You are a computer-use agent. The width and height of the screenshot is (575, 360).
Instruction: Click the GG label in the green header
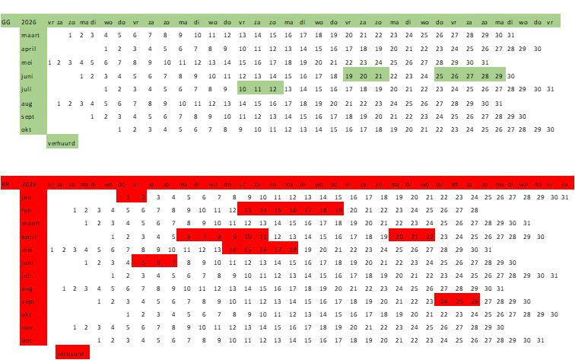point(6,22)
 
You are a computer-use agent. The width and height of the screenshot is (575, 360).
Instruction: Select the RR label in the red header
point(6,184)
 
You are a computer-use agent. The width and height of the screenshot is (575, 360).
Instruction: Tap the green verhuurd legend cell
point(62,142)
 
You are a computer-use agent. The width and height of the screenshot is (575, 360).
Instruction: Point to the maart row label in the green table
point(31,35)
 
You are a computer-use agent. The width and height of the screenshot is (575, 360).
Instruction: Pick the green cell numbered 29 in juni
point(499,76)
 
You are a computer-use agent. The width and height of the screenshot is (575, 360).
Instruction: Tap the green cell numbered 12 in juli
point(272,89)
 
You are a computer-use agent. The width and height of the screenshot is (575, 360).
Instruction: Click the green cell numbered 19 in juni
point(348,76)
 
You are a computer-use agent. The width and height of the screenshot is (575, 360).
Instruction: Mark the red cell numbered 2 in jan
point(143,197)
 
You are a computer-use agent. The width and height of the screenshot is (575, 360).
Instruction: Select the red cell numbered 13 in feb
point(247,210)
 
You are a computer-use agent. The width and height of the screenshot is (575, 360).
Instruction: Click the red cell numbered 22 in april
point(430,237)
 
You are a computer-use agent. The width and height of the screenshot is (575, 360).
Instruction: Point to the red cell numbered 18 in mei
point(292,250)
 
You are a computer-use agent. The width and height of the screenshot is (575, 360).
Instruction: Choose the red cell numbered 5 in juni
point(143,263)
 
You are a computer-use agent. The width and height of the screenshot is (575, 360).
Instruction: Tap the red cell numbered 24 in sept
point(444,301)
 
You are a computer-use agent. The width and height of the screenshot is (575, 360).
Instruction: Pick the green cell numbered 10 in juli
point(243,89)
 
